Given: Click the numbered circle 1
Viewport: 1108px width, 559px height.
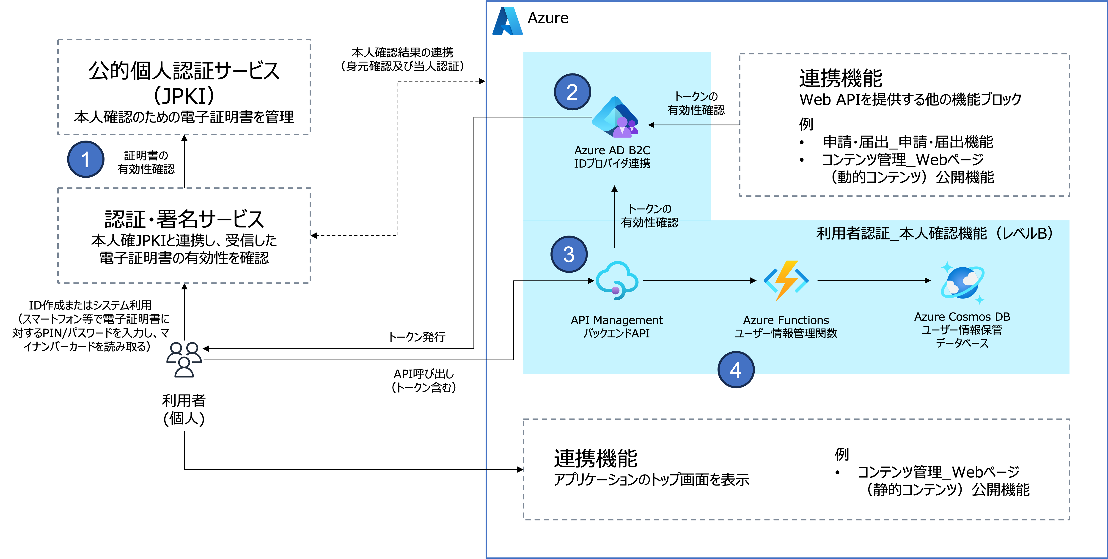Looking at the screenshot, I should point(86,159).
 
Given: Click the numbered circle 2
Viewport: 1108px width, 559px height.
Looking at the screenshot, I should point(572,92).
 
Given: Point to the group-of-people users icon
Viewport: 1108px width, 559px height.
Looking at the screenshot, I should point(184,360).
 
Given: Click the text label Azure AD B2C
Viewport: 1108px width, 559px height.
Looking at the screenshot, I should point(612,150).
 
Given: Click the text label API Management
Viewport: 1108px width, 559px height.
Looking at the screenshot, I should point(616,320).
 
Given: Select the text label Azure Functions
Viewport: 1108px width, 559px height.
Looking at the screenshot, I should point(786,320).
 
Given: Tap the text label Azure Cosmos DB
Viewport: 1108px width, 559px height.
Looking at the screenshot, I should point(962,317).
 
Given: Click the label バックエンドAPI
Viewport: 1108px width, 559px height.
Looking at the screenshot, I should point(616,334).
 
